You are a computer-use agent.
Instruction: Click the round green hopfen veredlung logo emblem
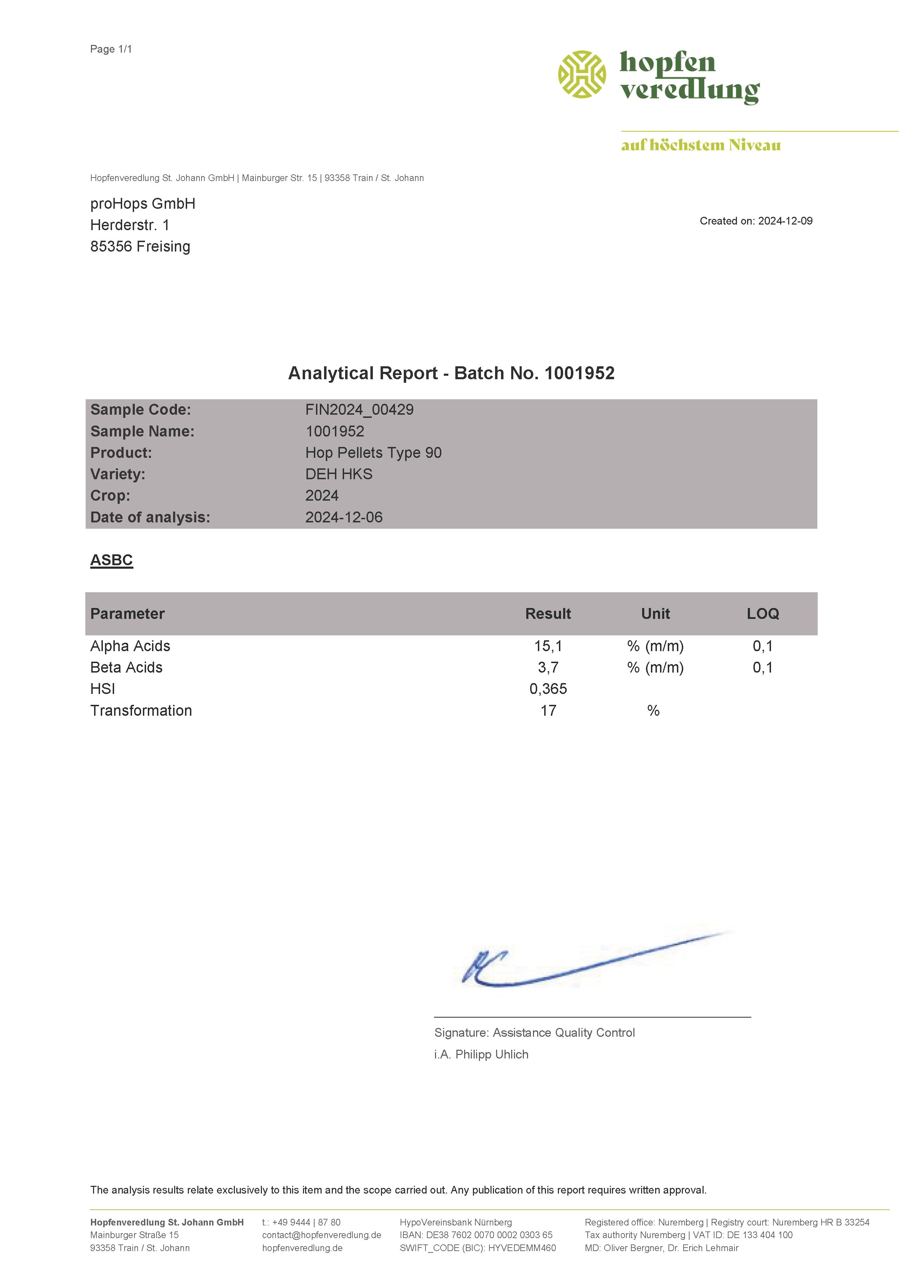(x=582, y=74)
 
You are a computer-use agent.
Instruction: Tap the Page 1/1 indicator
(x=111, y=49)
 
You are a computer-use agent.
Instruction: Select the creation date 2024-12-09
(x=785, y=221)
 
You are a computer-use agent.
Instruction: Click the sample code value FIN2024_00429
(x=359, y=409)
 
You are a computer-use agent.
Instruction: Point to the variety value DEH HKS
(x=338, y=474)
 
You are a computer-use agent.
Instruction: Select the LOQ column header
(x=762, y=614)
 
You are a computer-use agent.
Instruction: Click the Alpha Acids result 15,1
(x=548, y=646)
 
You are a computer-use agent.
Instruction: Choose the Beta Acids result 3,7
(x=548, y=667)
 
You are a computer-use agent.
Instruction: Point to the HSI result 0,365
(x=548, y=689)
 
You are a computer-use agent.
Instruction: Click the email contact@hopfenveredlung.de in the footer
(x=321, y=1235)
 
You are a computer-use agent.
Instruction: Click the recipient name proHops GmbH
(x=142, y=203)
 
